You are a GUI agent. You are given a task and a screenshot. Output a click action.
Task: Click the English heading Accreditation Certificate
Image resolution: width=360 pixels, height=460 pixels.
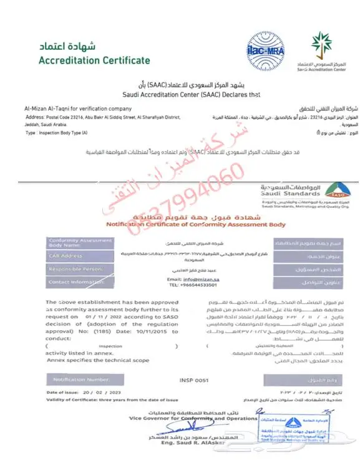click(x=94, y=61)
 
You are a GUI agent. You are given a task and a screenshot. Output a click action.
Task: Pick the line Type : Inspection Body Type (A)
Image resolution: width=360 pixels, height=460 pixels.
click(x=57, y=133)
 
